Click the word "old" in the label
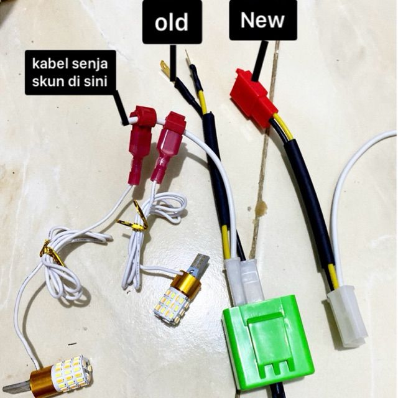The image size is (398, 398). tap(172, 22)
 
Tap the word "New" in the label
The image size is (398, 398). tap(262, 20)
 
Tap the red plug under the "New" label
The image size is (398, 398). tap(252, 98)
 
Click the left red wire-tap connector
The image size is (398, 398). tap(139, 144)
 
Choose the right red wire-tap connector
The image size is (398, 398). tap(167, 146)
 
